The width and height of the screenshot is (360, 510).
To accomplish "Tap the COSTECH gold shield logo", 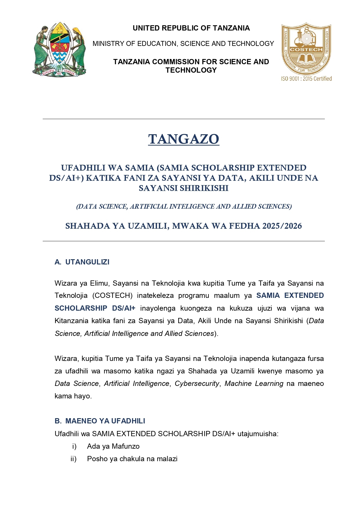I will [x=306, y=49].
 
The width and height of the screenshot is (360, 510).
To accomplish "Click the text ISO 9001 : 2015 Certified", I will [x=306, y=78].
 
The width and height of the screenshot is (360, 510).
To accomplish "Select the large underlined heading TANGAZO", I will [x=183, y=139].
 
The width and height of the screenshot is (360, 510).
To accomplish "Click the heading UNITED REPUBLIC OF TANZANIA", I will [x=191, y=28].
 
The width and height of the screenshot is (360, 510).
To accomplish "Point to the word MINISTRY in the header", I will [x=105, y=44].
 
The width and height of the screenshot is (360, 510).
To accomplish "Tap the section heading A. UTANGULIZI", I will [x=82, y=262].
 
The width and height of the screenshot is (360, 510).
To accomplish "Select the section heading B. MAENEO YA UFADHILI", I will [x=100, y=421].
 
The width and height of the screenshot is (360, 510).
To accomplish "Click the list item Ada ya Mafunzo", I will [x=113, y=446].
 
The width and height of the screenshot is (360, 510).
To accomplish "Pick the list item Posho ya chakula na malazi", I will [x=132, y=459].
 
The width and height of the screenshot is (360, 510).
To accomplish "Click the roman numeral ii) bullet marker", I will [x=73, y=459].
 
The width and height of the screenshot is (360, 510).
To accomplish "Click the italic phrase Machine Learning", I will [x=254, y=384].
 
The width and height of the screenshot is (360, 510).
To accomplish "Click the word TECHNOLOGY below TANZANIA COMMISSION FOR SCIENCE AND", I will [x=191, y=70].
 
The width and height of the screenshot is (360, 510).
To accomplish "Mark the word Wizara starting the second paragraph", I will [x=66, y=359].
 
